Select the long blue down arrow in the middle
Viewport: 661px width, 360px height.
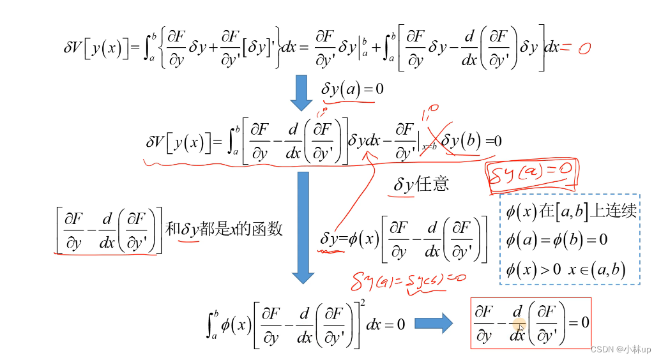(x=303, y=226)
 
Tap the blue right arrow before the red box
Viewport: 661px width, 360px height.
(x=434, y=324)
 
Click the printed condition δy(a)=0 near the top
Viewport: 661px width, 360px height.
(x=353, y=89)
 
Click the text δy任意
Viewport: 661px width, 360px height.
(x=421, y=184)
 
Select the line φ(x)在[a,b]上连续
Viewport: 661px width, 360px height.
(x=570, y=211)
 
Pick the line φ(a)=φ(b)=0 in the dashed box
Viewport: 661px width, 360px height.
(x=556, y=240)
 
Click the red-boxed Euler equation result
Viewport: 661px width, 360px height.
(x=531, y=323)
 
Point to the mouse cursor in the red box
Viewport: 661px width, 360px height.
(x=521, y=328)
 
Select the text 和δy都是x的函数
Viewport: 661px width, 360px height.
(x=224, y=229)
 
